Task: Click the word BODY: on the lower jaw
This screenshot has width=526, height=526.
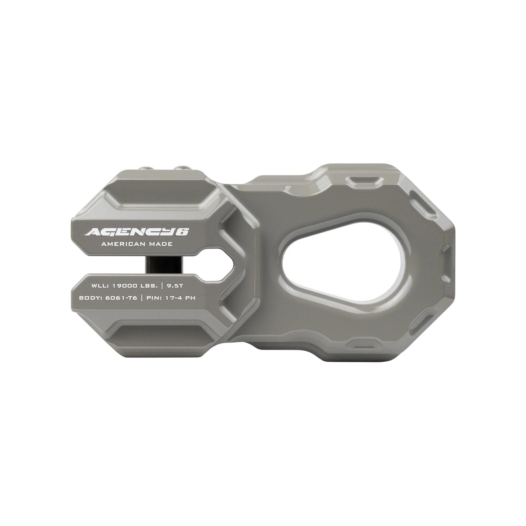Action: tap(89, 298)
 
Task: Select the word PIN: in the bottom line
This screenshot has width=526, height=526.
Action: tap(155, 298)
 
